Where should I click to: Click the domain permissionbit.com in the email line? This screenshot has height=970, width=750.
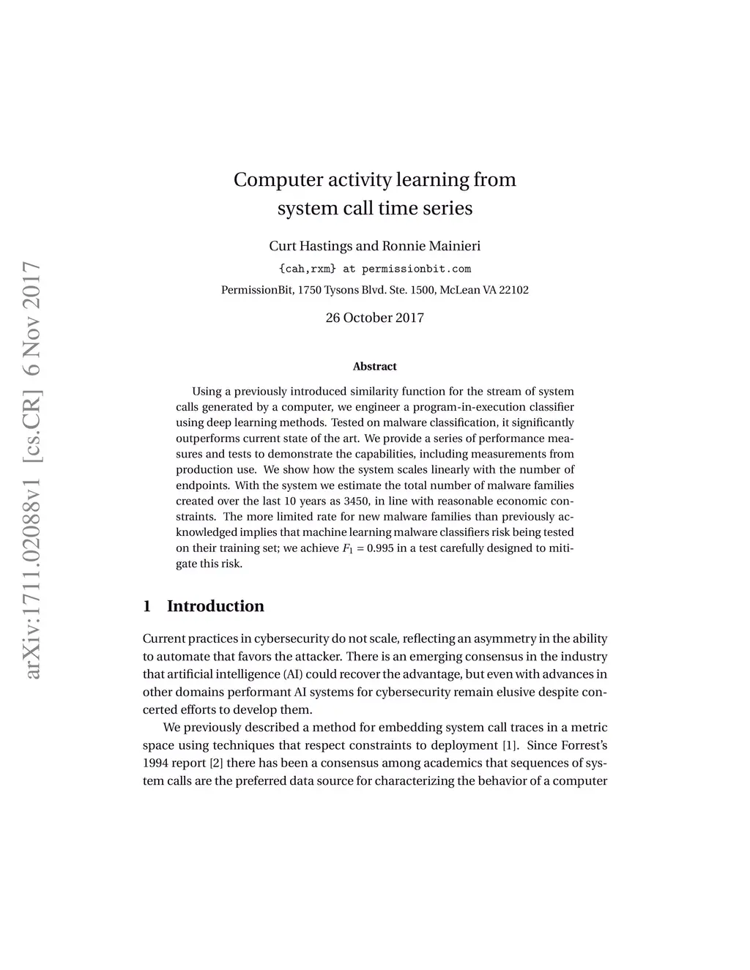tap(416, 269)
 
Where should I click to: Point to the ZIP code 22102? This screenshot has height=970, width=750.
tap(513, 290)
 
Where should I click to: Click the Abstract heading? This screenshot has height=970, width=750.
tap(374, 366)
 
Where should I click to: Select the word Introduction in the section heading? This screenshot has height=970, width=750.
tap(215, 606)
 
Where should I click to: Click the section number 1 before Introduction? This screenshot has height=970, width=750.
tap(147, 606)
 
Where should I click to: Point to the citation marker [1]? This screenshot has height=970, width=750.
tap(510, 745)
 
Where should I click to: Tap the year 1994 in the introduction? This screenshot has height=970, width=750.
tap(155, 763)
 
